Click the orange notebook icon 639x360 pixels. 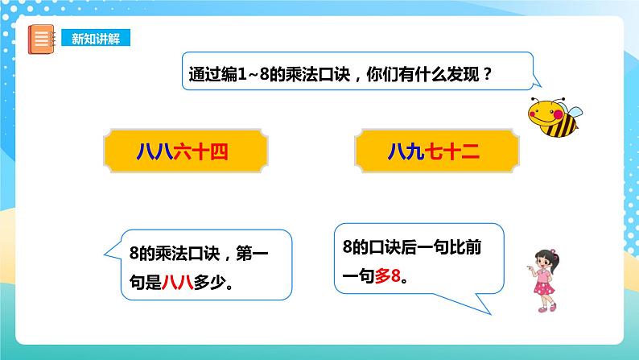(40, 39)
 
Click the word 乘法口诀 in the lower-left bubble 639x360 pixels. (188, 256)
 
